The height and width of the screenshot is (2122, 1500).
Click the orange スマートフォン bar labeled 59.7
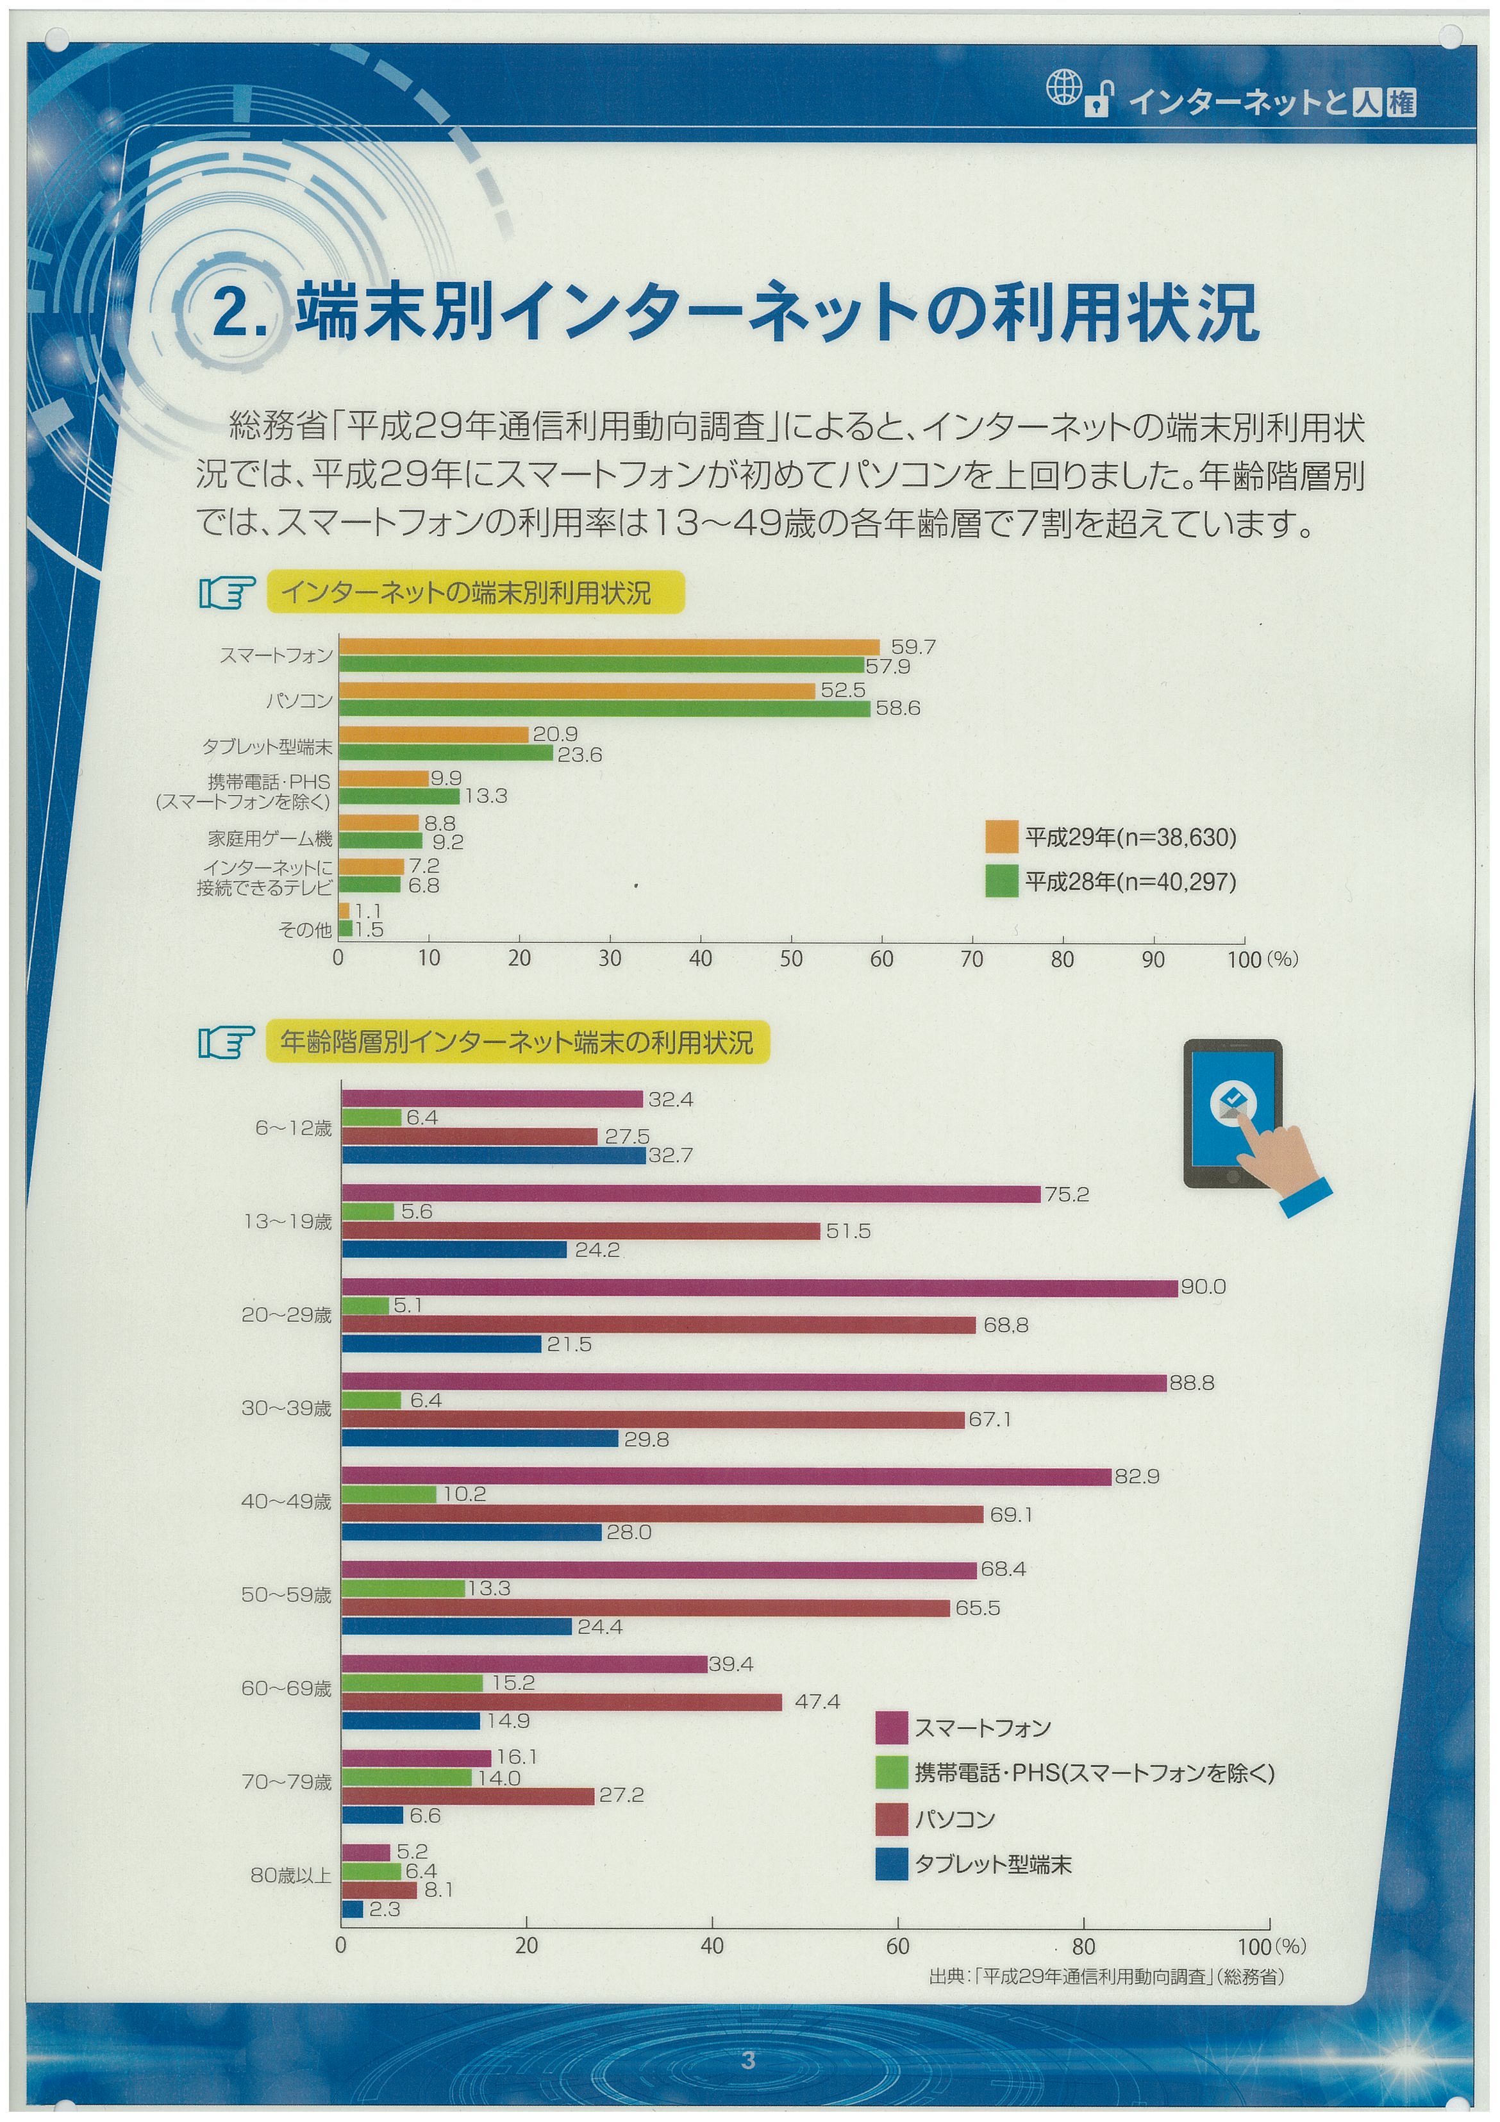coord(610,647)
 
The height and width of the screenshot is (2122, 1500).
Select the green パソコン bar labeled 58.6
coord(605,709)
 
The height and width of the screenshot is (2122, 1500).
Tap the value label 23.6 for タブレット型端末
coord(579,755)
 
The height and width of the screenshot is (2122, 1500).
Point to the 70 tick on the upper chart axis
coord(972,959)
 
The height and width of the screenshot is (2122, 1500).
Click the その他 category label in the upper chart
coord(305,930)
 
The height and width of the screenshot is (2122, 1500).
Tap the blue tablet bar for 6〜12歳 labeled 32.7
coord(494,1155)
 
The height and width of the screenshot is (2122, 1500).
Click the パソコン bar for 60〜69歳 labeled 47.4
coord(562,1702)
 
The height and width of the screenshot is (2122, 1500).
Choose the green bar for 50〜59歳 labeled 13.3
coord(404,1589)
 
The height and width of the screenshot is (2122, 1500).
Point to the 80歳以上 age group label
coord(290,1875)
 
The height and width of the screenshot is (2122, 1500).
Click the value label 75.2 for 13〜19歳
coord(1067,1194)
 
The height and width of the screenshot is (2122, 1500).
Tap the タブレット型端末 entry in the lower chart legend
coord(974,1865)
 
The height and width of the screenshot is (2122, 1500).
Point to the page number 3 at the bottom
coord(749,2060)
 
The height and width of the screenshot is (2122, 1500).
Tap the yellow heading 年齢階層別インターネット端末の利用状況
coord(517,1042)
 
